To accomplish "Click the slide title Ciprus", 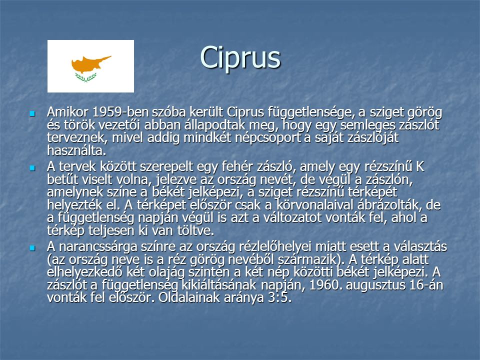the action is click(x=240, y=58).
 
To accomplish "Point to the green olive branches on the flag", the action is click(x=85, y=77).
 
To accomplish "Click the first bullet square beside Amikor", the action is click(x=32, y=114).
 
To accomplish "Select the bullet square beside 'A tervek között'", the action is click(x=32, y=168).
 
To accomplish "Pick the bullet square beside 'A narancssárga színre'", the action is click(x=32, y=248).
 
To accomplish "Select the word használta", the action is click(x=77, y=150).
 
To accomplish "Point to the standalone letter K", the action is click(x=420, y=167).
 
